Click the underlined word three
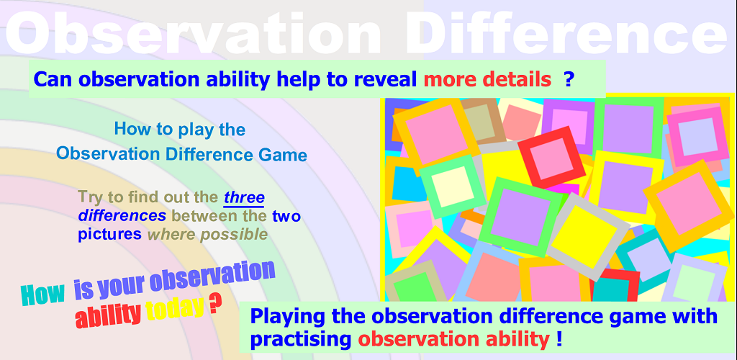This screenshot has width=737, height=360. (244, 198)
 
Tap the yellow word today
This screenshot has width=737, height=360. (175, 309)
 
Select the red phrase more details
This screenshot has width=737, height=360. (487, 80)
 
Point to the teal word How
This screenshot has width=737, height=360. (42, 294)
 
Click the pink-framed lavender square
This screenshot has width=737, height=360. (697, 137)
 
